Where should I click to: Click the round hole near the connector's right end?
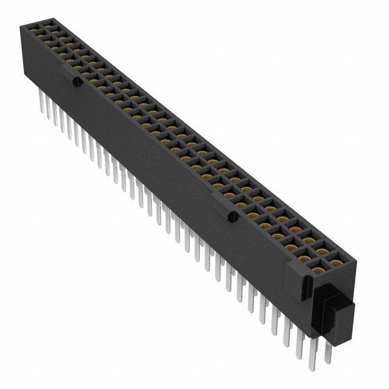click(230, 216)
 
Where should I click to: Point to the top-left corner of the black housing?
click(23, 26)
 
